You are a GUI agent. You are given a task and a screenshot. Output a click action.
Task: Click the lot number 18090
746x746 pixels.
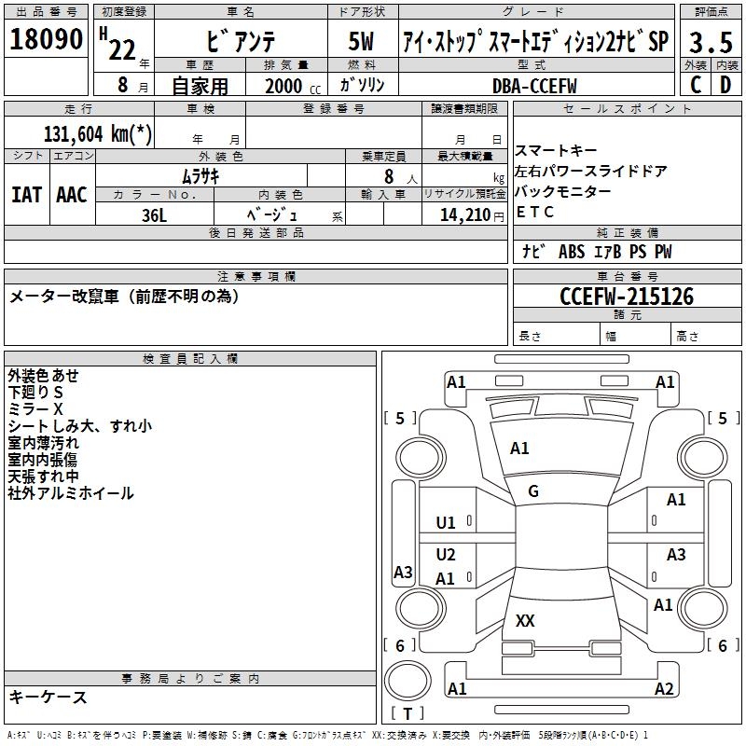46,39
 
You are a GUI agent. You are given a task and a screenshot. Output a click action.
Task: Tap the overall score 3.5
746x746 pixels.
710,42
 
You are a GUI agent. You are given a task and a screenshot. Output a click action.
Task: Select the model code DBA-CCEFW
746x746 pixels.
534,86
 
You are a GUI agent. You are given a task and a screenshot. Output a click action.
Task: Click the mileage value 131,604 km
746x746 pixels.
99,133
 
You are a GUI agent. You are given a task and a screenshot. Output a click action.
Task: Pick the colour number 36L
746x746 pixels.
155,214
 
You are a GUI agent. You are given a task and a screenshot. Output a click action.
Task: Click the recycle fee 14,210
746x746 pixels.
460,214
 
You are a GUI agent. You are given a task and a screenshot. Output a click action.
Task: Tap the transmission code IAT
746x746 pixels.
26,194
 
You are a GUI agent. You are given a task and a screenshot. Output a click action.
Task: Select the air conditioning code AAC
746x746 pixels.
72,194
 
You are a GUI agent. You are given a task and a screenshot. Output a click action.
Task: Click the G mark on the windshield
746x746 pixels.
533,491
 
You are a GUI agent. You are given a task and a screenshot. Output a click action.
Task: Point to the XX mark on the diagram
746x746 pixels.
525,620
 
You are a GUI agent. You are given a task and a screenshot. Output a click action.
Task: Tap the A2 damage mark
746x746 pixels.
664,689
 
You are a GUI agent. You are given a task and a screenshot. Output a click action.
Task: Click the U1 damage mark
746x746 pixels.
446,523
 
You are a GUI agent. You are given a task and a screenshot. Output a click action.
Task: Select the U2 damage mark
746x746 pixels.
446,555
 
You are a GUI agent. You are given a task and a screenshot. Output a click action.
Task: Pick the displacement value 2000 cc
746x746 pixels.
290,87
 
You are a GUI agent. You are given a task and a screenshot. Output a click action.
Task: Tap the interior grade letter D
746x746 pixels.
725,84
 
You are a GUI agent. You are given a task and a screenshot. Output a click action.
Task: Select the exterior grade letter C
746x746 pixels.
696,84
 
